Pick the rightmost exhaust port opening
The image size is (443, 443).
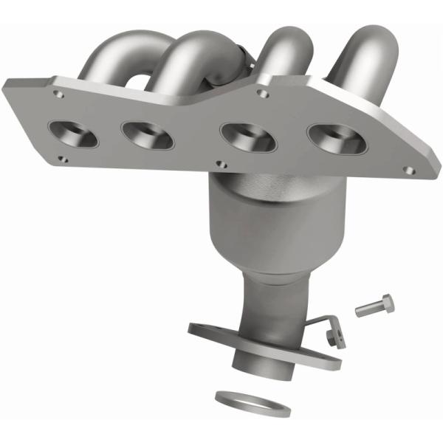(x=332, y=137)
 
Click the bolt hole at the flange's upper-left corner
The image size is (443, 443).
(x=57, y=94)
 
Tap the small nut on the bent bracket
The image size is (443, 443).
(x=329, y=335)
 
